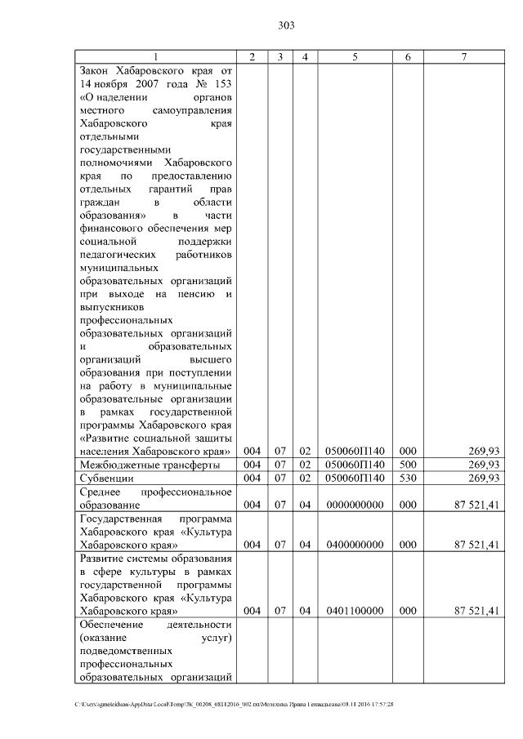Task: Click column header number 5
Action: tap(355, 56)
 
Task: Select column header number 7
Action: tap(464, 56)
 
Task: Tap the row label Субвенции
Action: tap(104, 479)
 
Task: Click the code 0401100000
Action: tap(355, 611)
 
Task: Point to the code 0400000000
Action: tap(355, 545)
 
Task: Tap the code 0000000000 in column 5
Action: tap(355, 505)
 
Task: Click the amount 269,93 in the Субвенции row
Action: tap(482, 479)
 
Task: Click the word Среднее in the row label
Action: tap(101, 492)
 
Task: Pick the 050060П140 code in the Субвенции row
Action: tap(355, 479)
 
